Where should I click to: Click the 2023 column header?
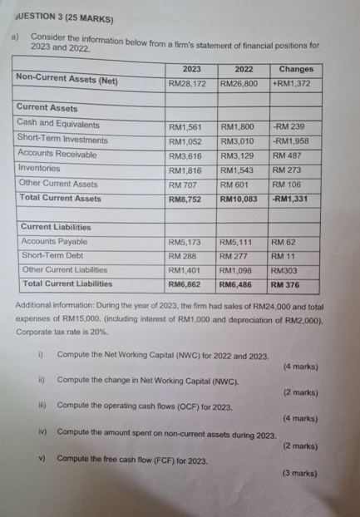point(190,69)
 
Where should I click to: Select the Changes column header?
point(296,69)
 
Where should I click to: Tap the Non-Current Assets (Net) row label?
point(67,81)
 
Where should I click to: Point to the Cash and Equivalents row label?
point(58,124)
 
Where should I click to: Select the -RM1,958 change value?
point(291,140)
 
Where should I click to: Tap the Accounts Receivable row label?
point(57,154)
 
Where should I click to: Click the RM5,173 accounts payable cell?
point(185,243)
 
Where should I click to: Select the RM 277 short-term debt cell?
point(236,256)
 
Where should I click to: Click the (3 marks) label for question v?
point(300,473)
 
